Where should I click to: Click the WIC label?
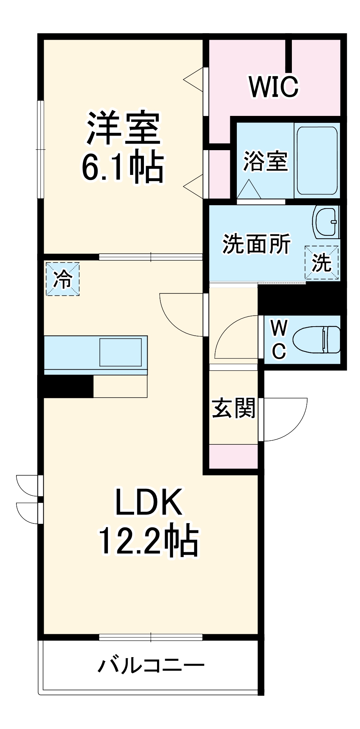pyautogui.click(x=274, y=87)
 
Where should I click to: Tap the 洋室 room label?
pyautogui.click(x=123, y=128)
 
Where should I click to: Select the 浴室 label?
pyautogui.click(x=266, y=161)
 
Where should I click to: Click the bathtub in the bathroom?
pyautogui.click(x=317, y=160)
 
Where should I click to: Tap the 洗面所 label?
pyautogui.click(x=257, y=243)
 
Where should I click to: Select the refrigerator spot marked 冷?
pyautogui.click(x=63, y=279)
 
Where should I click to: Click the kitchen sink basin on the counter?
pyautogui.click(x=121, y=352)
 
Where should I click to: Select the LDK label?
pyautogui.click(x=149, y=502)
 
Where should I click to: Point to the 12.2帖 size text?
pyautogui.click(x=149, y=541)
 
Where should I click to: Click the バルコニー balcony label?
pyautogui.click(x=151, y=666)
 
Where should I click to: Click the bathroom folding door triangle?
pyautogui.click(x=249, y=190)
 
